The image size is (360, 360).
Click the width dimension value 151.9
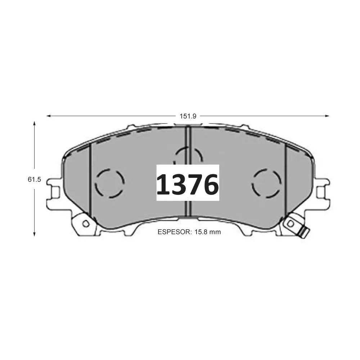pos(188,116)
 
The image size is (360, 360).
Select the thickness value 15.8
pos(201,232)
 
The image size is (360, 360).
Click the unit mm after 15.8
pos(215,232)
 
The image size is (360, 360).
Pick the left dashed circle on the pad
pos(110,183)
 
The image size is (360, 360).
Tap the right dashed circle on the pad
pos(266,183)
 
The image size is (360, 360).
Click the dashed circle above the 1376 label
pos(188,156)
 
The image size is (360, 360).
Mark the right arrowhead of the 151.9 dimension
pos(327,116)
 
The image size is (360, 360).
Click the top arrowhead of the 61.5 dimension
pos(35,123)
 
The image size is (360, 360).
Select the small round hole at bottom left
pos(85,224)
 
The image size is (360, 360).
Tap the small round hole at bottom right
pos(291,224)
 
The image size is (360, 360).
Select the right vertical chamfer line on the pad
pos(285,180)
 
